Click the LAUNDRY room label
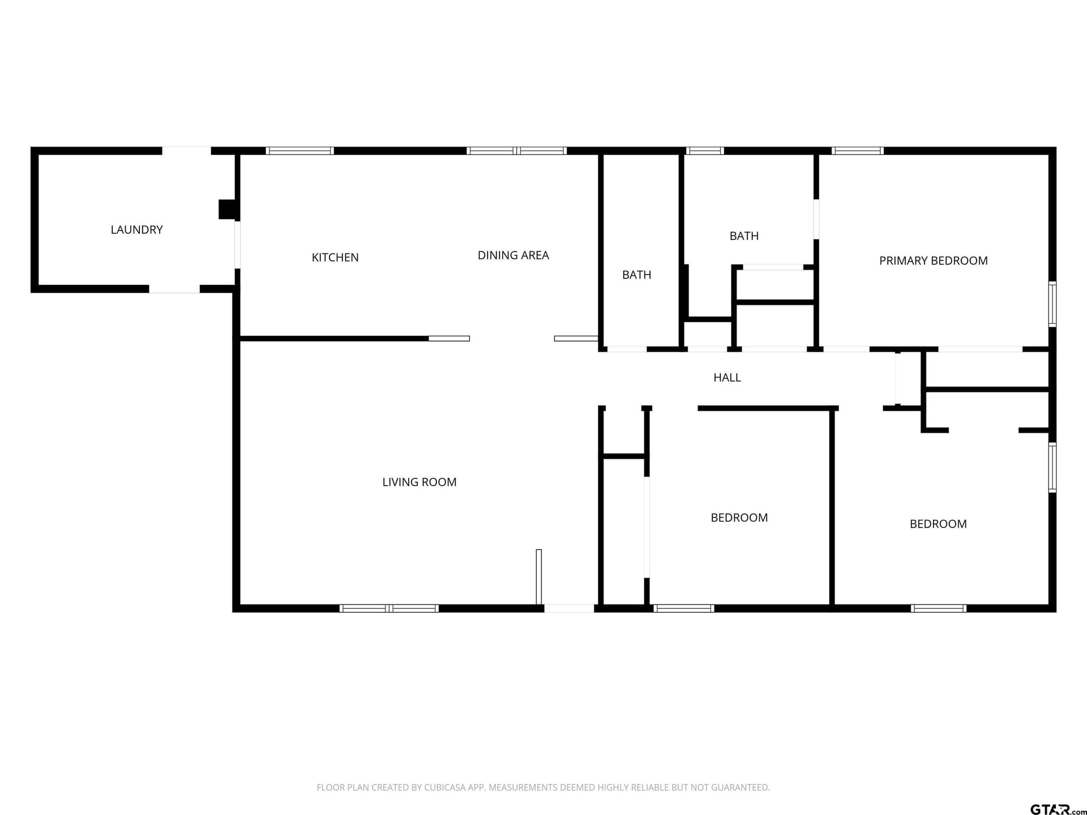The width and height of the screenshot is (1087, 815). click(x=136, y=230)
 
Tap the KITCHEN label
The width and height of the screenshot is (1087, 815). click(x=335, y=258)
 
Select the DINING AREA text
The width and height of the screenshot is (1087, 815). click(x=513, y=255)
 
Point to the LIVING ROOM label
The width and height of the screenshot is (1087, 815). click(x=420, y=482)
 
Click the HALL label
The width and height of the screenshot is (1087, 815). click(x=727, y=378)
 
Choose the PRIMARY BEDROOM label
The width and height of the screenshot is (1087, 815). click(x=934, y=261)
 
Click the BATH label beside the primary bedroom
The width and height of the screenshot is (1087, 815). click(x=744, y=236)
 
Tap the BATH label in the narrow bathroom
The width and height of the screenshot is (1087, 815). click(x=637, y=275)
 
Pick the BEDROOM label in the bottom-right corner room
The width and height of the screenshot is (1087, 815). click(x=938, y=524)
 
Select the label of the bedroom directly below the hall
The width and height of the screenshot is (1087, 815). click(x=739, y=518)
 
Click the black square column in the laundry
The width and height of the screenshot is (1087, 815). click(x=227, y=209)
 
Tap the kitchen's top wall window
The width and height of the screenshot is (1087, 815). click(x=299, y=151)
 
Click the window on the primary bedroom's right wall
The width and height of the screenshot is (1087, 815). click(x=1052, y=304)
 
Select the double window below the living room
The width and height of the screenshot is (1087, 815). click(x=389, y=608)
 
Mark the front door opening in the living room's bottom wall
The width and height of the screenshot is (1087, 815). click(x=569, y=608)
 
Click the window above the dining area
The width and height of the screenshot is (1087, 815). click(x=516, y=151)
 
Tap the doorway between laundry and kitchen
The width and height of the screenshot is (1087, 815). click(x=238, y=244)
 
